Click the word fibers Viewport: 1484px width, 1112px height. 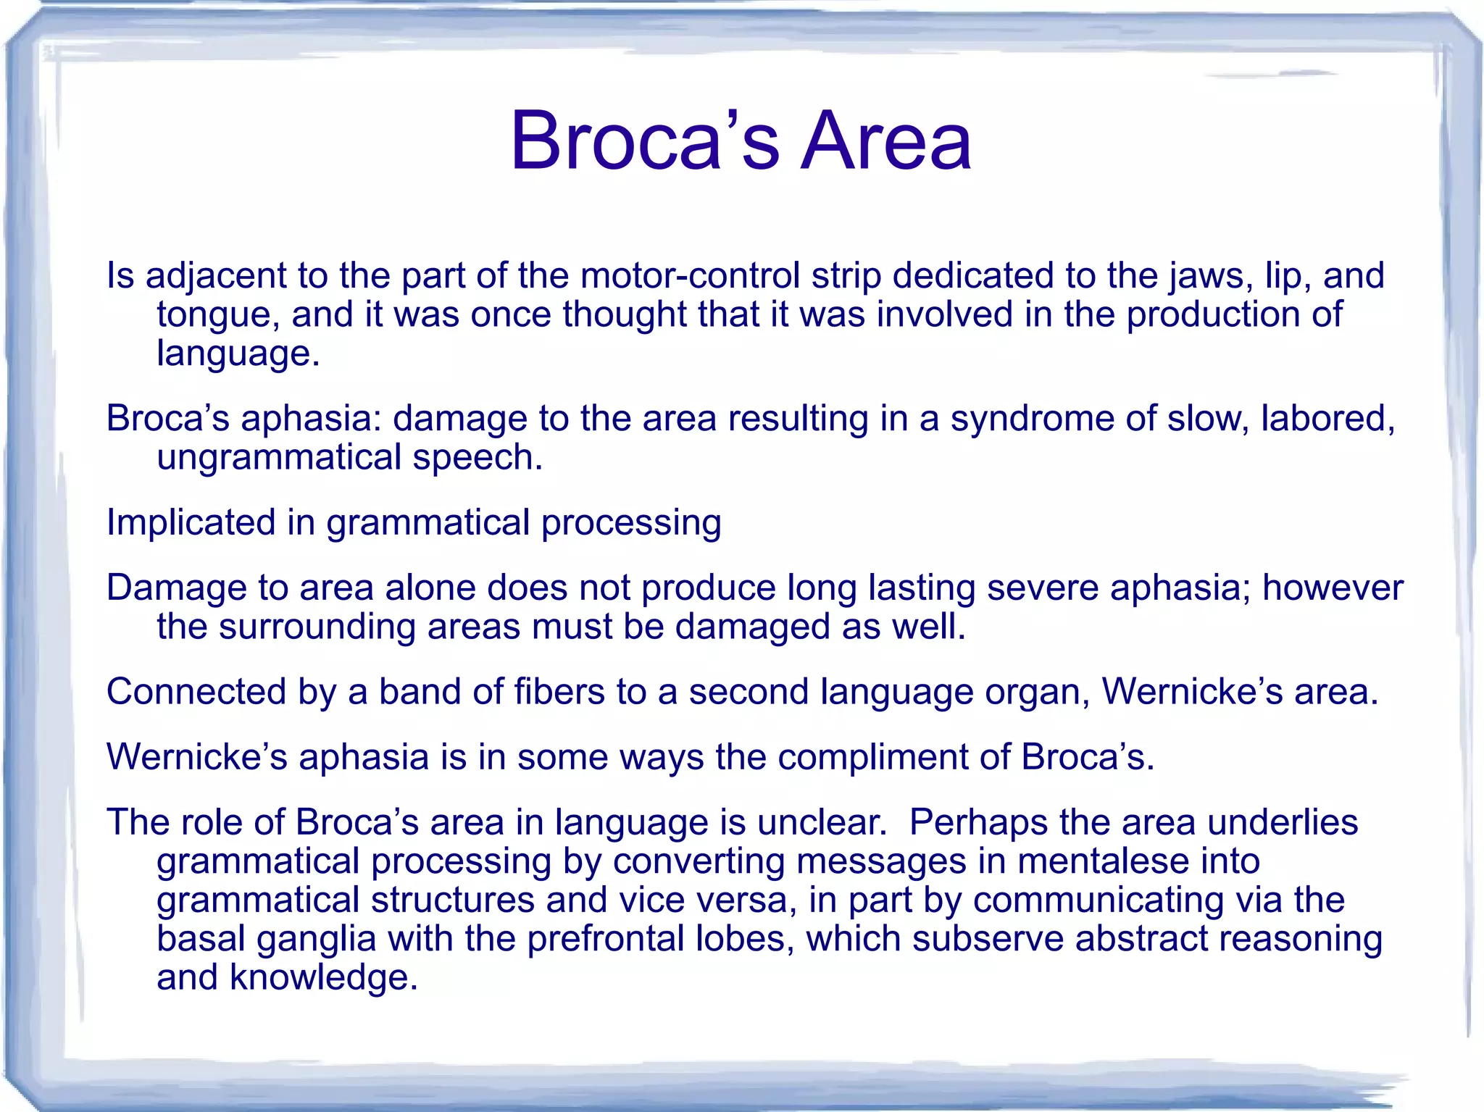(x=559, y=692)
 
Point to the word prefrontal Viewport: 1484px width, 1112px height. (x=605, y=940)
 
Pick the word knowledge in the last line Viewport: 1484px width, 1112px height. (x=323, y=978)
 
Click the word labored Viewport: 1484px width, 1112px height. (x=1327, y=419)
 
